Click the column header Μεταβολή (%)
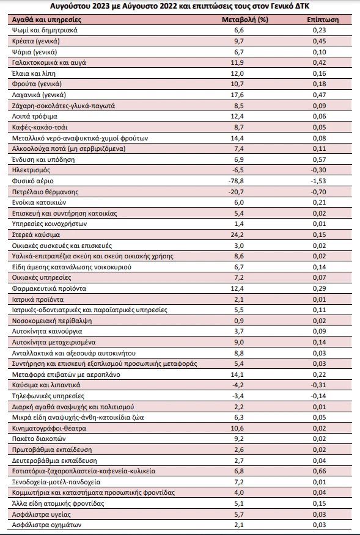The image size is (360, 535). click(245, 20)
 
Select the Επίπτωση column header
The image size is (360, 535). click(323, 20)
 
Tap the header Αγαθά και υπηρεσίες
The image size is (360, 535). click(47, 20)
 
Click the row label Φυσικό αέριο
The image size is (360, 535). click(33, 181)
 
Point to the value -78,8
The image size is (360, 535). click(236, 181)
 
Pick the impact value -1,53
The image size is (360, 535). click(318, 181)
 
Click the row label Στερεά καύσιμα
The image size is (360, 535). click(36, 235)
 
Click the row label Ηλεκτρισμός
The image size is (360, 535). click(31, 170)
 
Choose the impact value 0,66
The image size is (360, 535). click(319, 471)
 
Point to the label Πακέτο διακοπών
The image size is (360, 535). click(39, 439)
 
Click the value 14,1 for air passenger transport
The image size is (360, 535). click(237, 374)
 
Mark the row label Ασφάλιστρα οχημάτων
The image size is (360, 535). click(47, 525)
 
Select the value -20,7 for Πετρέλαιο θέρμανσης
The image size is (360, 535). click(236, 192)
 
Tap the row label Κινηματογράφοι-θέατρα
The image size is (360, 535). click(49, 428)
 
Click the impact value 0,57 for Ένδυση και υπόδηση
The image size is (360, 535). click(319, 159)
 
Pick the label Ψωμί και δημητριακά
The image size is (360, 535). click(45, 30)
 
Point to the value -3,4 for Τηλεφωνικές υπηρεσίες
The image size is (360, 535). click(237, 396)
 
